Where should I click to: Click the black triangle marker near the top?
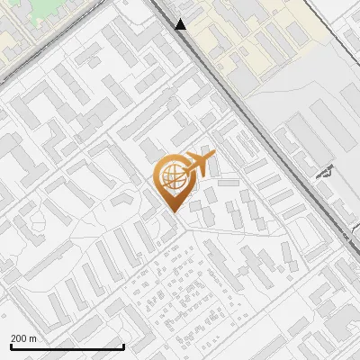pos(181,24)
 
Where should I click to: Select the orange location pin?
pos(172,181)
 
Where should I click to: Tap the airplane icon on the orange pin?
pos(199,164)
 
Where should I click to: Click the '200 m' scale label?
pos(23,338)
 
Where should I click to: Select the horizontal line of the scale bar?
pos(67,347)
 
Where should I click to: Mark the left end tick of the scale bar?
pos(12,345)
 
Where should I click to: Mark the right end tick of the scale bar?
pos(123,345)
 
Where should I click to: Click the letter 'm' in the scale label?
pos(32,338)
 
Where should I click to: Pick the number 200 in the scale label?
pos(19,338)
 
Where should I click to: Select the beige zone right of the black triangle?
pos(243,36)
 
